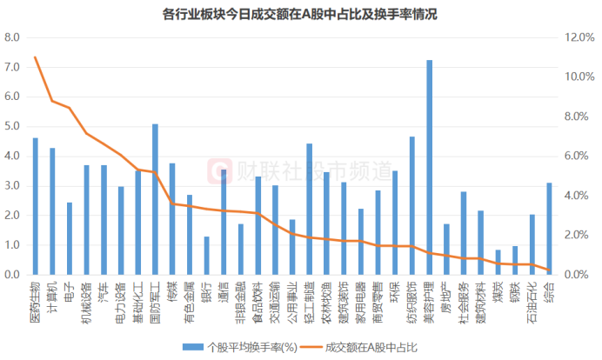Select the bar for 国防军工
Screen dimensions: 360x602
155,199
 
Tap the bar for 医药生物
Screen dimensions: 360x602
36,206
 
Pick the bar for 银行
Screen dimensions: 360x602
206,256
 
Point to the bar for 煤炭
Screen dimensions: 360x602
498,263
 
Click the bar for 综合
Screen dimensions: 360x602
550,229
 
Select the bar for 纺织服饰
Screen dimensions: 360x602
412,205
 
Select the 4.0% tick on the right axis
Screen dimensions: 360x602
577,196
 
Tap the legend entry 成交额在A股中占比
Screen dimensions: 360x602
371,347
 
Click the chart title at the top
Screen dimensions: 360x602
300,14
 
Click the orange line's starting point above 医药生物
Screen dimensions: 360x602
36,57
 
